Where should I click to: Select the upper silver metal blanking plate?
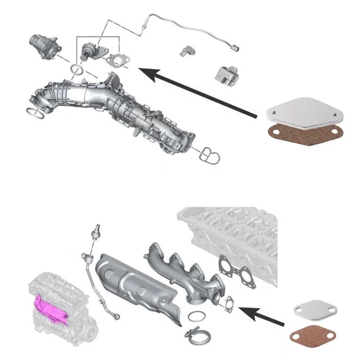pos(299,113)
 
